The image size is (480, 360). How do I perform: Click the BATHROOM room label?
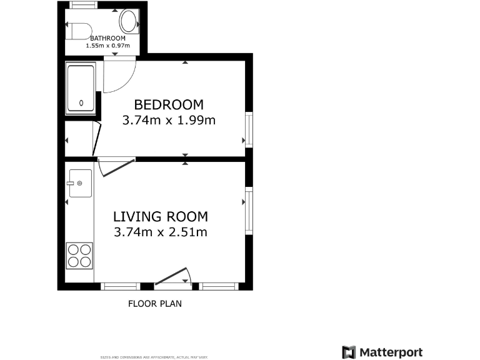click(107, 38)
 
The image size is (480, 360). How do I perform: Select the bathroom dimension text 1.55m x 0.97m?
click(107, 46)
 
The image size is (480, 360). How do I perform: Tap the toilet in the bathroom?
click(79, 29)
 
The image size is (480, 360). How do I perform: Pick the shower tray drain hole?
click(81, 103)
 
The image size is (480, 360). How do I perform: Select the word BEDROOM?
click(169, 105)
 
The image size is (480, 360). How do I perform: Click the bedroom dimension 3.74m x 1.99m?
click(169, 121)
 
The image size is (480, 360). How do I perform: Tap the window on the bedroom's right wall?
click(249, 130)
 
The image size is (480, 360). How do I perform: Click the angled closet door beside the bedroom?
click(97, 138)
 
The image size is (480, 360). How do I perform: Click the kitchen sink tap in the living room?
click(79, 182)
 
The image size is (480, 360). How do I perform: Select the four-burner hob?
click(79, 255)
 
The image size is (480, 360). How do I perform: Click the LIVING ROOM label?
click(161, 217)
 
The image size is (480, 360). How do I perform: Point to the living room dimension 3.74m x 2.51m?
click(161, 232)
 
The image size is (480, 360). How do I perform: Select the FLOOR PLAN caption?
click(155, 304)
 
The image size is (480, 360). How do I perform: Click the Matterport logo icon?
click(349, 352)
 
